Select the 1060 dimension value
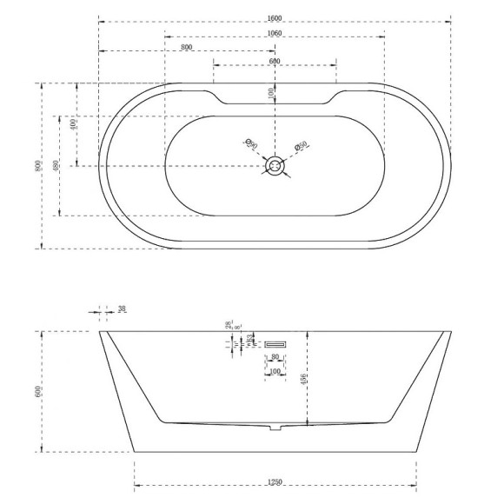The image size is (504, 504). [x=275, y=34]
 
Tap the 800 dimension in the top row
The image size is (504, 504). [x=187, y=48]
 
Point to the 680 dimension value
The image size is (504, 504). [x=275, y=62]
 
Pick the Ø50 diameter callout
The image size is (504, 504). [x=302, y=147]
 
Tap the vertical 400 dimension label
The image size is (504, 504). [x=75, y=123]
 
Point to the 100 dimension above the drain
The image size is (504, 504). [x=270, y=92]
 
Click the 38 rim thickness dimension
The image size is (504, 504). [x=122, y=308]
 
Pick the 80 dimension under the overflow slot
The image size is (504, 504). [x=275, y=356]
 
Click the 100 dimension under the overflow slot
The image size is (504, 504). [x=275, y=372]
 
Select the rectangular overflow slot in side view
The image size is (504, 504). [x=275, y=342]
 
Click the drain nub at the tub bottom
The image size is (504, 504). [x=275, y=428]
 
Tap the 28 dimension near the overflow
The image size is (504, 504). [x=229, y=325]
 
